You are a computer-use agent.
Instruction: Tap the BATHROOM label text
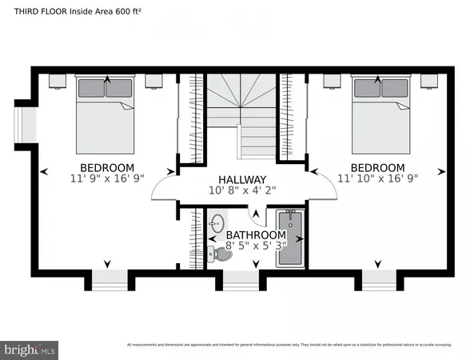254,234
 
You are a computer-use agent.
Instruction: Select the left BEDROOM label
106,168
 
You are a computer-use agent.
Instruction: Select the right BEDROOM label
377,168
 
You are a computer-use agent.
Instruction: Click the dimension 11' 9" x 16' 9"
106,180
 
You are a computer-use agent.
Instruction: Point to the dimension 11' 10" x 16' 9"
377,180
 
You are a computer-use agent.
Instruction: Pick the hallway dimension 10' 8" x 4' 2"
243,191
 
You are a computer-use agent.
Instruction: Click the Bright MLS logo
30,349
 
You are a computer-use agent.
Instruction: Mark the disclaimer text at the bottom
289,345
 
